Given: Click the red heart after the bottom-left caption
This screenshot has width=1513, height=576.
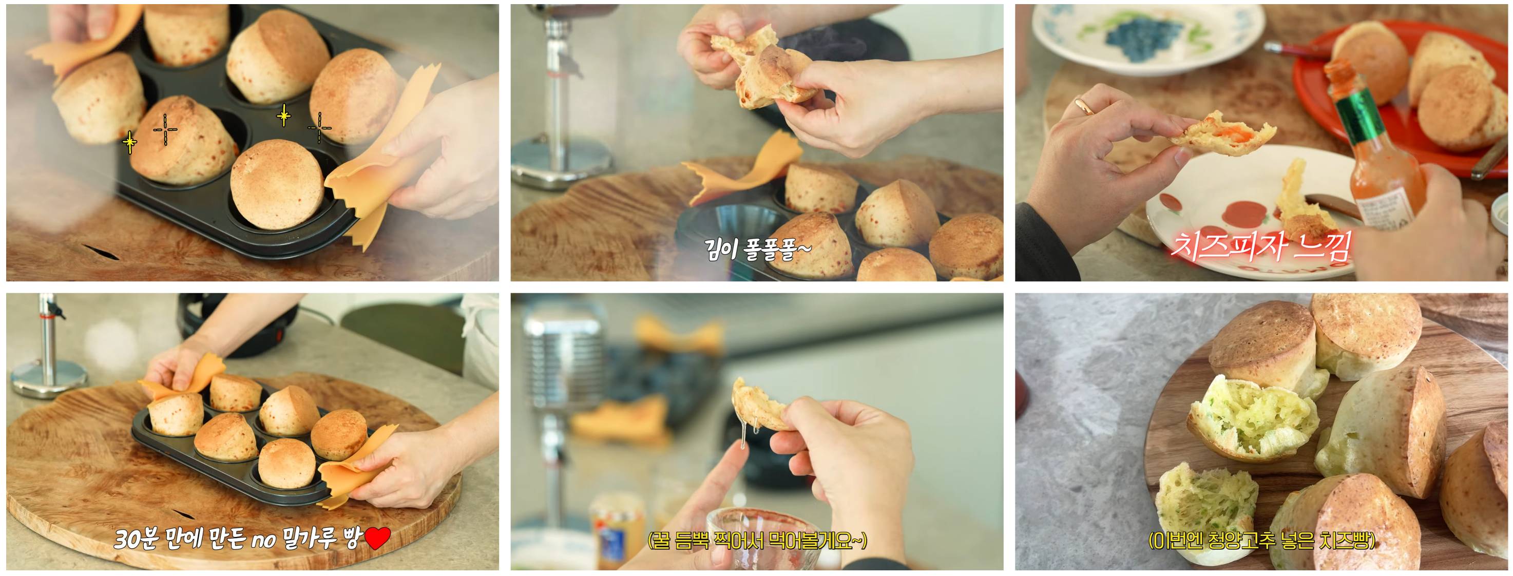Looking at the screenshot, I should tap(378, 539).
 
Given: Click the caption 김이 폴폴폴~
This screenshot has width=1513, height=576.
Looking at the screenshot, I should tap(757, 249).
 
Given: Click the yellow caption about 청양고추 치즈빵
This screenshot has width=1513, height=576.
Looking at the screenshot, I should tap(1262, 540).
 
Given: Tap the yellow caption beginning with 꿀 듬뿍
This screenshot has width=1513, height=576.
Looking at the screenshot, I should tap(757, 540).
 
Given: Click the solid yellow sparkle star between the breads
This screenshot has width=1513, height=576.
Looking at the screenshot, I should tap(284, 116).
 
